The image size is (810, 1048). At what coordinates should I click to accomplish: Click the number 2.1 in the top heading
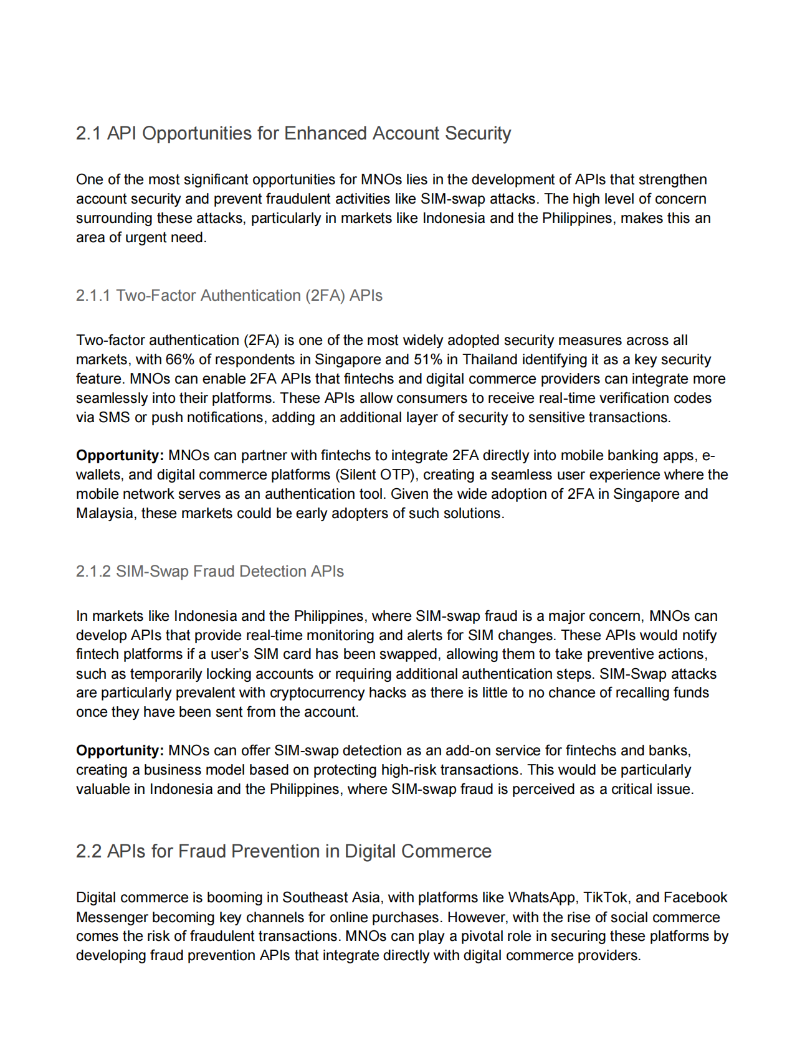[x=88, y=133]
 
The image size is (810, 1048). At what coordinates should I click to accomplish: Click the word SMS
[x=114, y=417]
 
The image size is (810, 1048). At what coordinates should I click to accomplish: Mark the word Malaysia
[x=104, y=513]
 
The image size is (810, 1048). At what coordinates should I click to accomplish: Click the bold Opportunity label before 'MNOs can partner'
[x=120, y=455]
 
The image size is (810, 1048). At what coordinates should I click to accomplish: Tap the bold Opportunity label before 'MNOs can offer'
[x=120, y=750]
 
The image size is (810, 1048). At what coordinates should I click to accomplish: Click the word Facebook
[x=695, y=897]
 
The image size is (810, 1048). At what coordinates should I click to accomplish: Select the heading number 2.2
[x=88, y=851]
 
